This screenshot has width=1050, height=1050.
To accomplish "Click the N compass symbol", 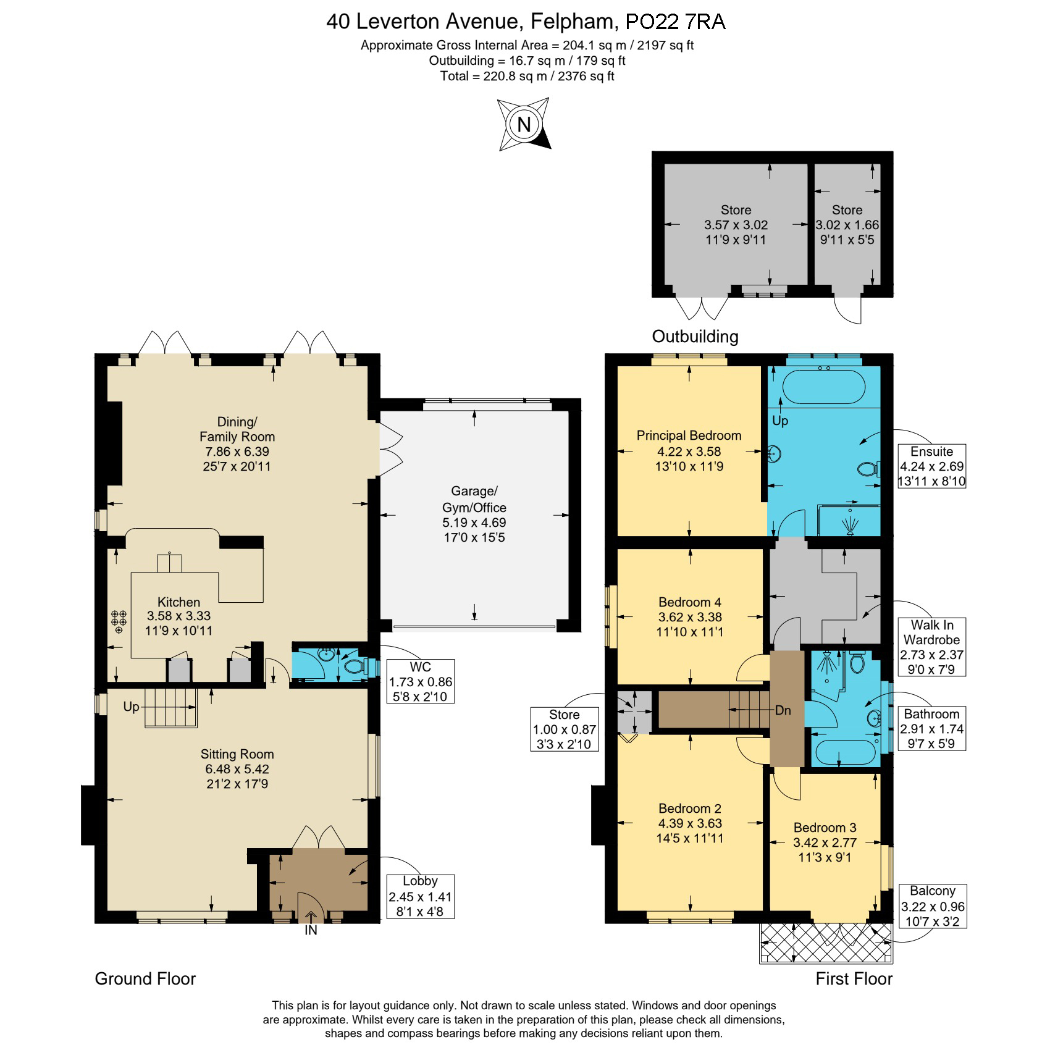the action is (x=524, y=124).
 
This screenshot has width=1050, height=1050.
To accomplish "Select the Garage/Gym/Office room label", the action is (x=474, y=514).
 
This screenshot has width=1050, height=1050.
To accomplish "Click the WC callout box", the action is (x=420, y=682).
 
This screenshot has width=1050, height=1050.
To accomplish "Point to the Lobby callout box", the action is (x=420, y=896).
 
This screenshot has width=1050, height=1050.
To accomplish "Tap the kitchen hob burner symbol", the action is (x=119, y=621).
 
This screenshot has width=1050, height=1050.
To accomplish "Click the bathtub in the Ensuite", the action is (x=823, y=387).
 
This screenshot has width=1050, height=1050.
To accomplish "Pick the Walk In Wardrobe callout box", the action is (x=931, y=647).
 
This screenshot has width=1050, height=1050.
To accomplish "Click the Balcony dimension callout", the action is (x=932, y=906).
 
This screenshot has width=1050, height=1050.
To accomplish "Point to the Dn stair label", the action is (x=783, y=710).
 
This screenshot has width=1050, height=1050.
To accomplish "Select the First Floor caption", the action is (x=854, y=979).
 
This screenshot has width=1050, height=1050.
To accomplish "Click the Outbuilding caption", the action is (x=695, y=337).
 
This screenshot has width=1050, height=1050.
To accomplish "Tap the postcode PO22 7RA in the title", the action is (x=676, y=22).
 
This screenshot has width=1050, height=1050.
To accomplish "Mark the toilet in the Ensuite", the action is (x=868, y=469).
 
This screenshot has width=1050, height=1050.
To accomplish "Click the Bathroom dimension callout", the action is (x=931, y=729).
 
